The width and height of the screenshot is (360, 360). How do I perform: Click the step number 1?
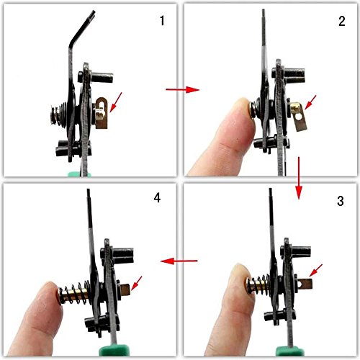pyautogui.click(x=162, y=21)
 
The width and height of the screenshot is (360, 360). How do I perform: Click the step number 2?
pyautogui.click(x=342, y=21)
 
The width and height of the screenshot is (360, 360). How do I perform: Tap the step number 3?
pyautogui.click(x=341, y=201)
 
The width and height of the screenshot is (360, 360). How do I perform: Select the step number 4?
pyautogui.click(x=157, y=198)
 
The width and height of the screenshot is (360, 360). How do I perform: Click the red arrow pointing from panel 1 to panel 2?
pyautogui.click(x=182, y=90)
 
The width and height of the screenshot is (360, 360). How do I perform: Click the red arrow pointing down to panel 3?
pyautogui.click(x=299, y=178)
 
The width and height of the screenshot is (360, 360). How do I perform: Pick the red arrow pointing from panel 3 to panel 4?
pyautogui.click(x=179, y=261)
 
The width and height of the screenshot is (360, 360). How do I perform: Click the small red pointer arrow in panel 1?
pyautogui.click(x=116, y=102)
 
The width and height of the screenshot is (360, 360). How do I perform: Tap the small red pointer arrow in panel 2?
pyautogui.click(x=310, y=102)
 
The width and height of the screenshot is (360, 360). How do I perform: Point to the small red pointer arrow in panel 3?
pyautogui.click(x=315, y=271)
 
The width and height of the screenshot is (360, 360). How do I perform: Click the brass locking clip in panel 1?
pyautogui.click(x=102, y=112)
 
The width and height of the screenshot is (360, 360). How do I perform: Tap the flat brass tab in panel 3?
pyautogui.click(x=305, y=284)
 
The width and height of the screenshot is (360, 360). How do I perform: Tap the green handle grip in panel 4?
pyautogui.click(x=113, y=351)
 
